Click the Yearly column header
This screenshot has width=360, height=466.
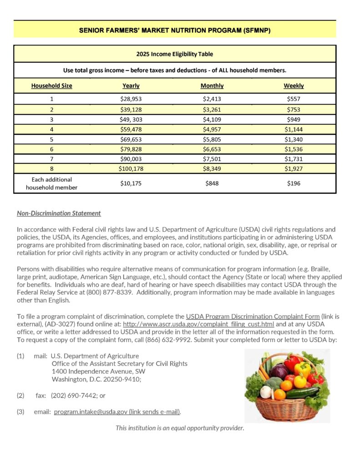point(131,86)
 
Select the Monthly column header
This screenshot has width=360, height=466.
point(212,86)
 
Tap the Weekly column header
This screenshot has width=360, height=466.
point(294,86)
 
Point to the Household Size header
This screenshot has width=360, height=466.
point(51,86)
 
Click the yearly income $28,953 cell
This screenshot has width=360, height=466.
point(131,99)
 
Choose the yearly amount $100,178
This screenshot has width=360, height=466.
point(131,168)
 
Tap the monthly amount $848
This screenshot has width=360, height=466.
point(212,183)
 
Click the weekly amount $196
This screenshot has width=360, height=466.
point(294,183)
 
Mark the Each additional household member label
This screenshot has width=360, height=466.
point(51,183)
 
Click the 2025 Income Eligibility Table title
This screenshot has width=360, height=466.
point(175,54)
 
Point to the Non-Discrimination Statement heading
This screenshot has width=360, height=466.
point(59,213)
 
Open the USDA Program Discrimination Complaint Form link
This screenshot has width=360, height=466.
point(253,316)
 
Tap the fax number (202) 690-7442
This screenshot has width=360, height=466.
point(75,395)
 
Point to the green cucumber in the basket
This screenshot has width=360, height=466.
point(303,392)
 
